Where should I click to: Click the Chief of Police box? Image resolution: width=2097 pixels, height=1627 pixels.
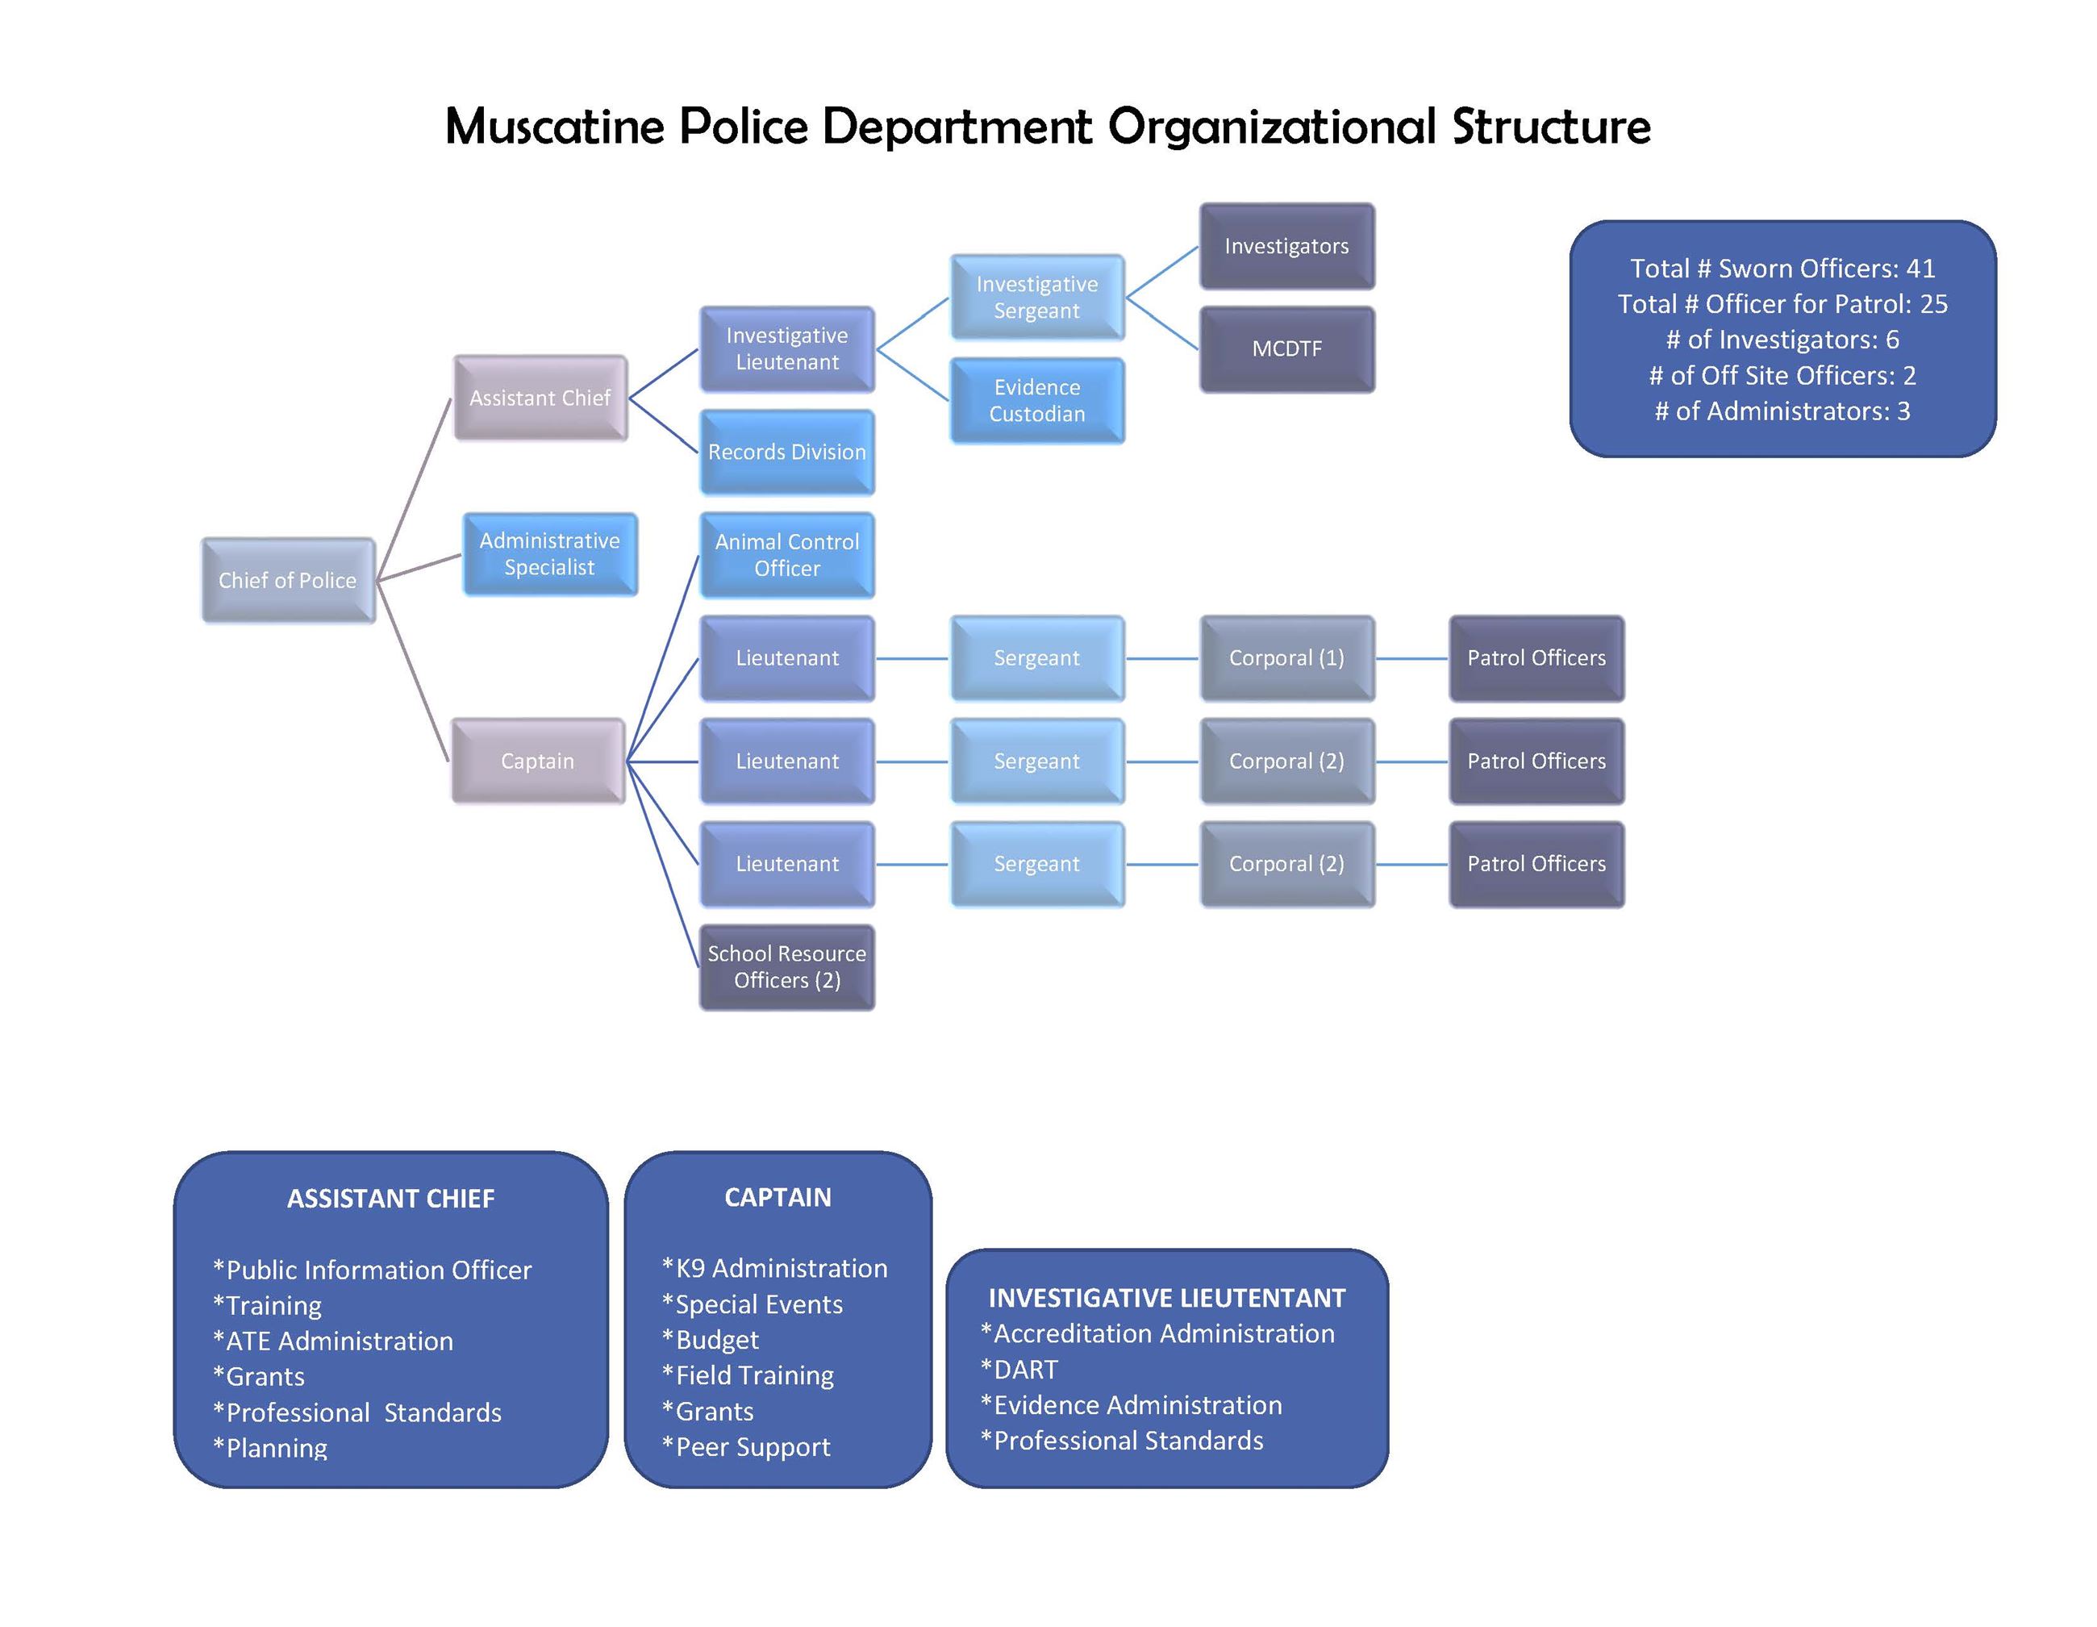tap(287, 580)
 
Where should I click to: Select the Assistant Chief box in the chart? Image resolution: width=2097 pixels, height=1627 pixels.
tap(540, 398)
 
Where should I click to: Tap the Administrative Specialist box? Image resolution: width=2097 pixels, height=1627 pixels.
tap(549, 554)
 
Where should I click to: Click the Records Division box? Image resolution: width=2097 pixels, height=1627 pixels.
tap(786, 452)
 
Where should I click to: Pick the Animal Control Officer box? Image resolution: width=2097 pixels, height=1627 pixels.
tap(786, 555)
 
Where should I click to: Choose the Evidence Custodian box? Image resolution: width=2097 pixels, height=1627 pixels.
tap(1037, 401)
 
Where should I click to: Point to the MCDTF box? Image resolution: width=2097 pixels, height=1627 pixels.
tap(1286, 348)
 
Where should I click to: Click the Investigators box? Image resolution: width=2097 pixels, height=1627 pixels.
tap(1286, 246)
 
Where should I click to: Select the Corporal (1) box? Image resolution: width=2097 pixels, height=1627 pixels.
tap(1286, 658)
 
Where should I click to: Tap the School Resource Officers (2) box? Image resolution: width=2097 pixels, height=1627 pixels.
tap(786, 966)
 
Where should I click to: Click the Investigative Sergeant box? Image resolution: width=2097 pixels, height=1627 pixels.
tap(1037, 297)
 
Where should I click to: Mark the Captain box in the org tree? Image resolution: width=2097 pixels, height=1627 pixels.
tap(538, 761)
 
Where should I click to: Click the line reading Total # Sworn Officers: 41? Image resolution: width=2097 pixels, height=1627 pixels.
tap(1782, 268)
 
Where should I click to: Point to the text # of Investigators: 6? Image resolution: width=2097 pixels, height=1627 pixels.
tap(1782, 339)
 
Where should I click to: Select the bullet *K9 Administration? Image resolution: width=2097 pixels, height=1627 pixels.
tap(775, 1268)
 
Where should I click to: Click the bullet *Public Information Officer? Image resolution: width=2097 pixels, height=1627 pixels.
tap(373, 1270)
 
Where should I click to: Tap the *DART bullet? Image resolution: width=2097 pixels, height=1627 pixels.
tap(1019, 1369)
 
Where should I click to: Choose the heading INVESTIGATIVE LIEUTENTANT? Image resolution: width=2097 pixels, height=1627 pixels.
tap(1166, 1298)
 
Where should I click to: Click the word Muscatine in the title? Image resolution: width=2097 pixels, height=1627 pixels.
tap(554, 126)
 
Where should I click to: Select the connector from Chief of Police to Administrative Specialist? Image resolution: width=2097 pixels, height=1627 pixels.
tap(419, 568)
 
